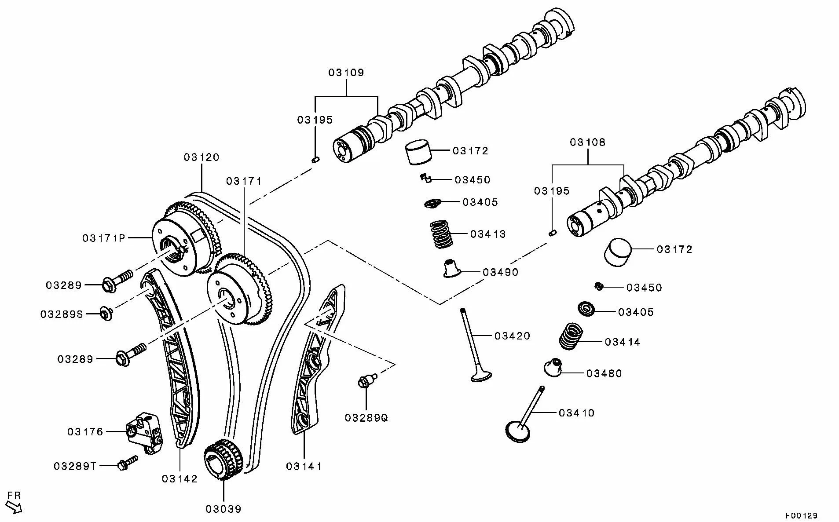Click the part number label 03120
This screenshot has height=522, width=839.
click(202, 157)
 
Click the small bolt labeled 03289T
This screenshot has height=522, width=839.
click(126, 463)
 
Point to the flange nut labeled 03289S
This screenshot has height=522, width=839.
click(106, 314)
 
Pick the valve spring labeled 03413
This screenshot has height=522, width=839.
click(441, 234)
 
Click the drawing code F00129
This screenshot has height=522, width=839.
click(802, 515)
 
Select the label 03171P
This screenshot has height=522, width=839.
click(103, 238)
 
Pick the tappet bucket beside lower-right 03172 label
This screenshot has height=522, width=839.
click(617, 252)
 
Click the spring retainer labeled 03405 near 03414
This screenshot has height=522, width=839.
click(586, 309)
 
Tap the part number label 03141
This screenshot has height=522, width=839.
click(304, 466)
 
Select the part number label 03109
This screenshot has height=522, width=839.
click(346, 73)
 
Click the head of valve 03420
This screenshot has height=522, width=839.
click(481, 376)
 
